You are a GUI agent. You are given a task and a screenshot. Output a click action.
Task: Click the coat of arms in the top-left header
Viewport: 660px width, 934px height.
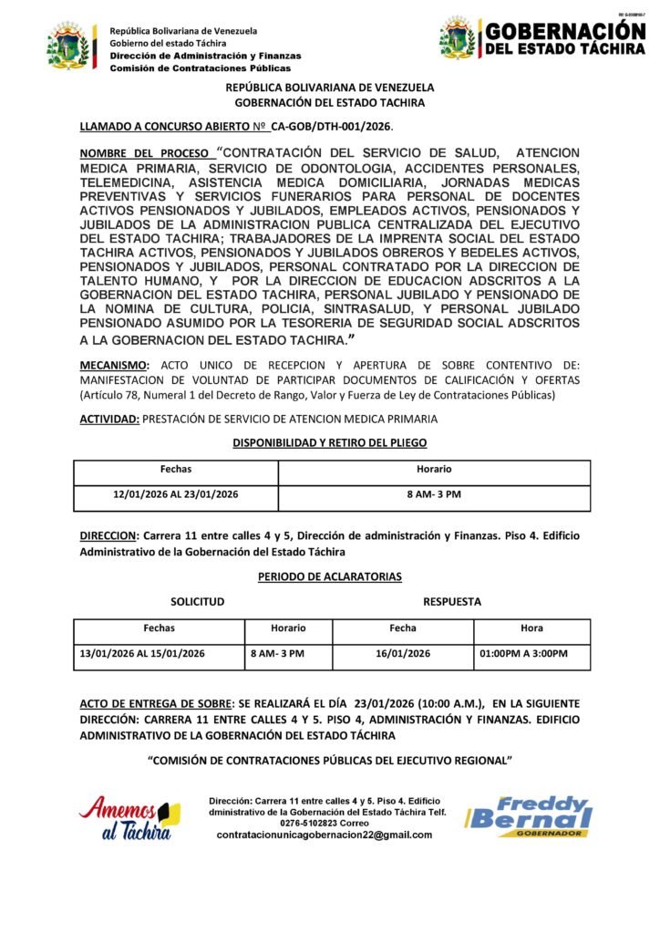[x=69, y=47]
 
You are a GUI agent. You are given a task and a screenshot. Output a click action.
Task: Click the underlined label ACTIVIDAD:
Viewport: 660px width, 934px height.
[x=108, y=419]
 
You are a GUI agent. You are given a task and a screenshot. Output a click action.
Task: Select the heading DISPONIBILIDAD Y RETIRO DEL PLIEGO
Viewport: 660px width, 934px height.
[x=330, y=442]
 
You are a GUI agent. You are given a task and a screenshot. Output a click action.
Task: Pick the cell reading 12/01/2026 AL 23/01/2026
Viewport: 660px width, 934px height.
[x=176, y=497]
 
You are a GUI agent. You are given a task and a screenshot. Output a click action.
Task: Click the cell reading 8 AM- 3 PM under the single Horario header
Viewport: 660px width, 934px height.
[x=434, y=497]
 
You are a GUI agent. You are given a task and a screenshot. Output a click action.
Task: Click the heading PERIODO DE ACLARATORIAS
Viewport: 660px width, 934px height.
[x=331, y=577]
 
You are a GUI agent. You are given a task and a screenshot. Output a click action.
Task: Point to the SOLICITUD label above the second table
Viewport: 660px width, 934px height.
[x=197, y=602]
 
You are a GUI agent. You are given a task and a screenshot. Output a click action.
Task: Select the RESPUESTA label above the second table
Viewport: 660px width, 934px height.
[x=452, y=602]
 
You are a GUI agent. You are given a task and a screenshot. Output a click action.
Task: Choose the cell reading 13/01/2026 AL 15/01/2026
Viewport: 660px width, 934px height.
[x=143, y=653]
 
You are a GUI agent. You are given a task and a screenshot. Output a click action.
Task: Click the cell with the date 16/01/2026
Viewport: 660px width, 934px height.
[x=402, y=653]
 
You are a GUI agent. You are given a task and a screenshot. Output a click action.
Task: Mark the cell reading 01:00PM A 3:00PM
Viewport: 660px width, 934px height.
[x=523, y=653]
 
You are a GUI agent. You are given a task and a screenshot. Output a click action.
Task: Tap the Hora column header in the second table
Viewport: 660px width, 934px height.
[x=531, y=628]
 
